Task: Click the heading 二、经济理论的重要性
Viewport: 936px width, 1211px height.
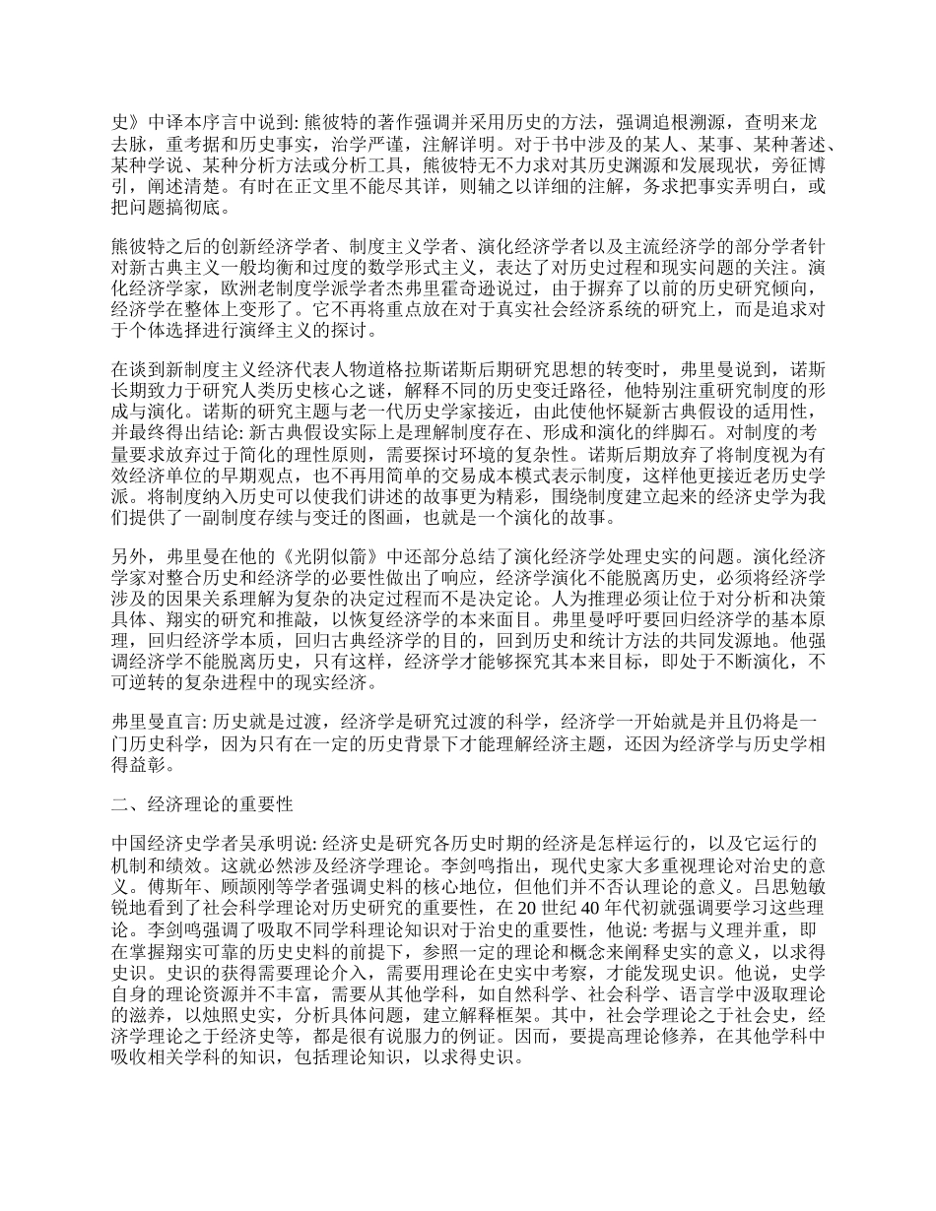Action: click(203, 803)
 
